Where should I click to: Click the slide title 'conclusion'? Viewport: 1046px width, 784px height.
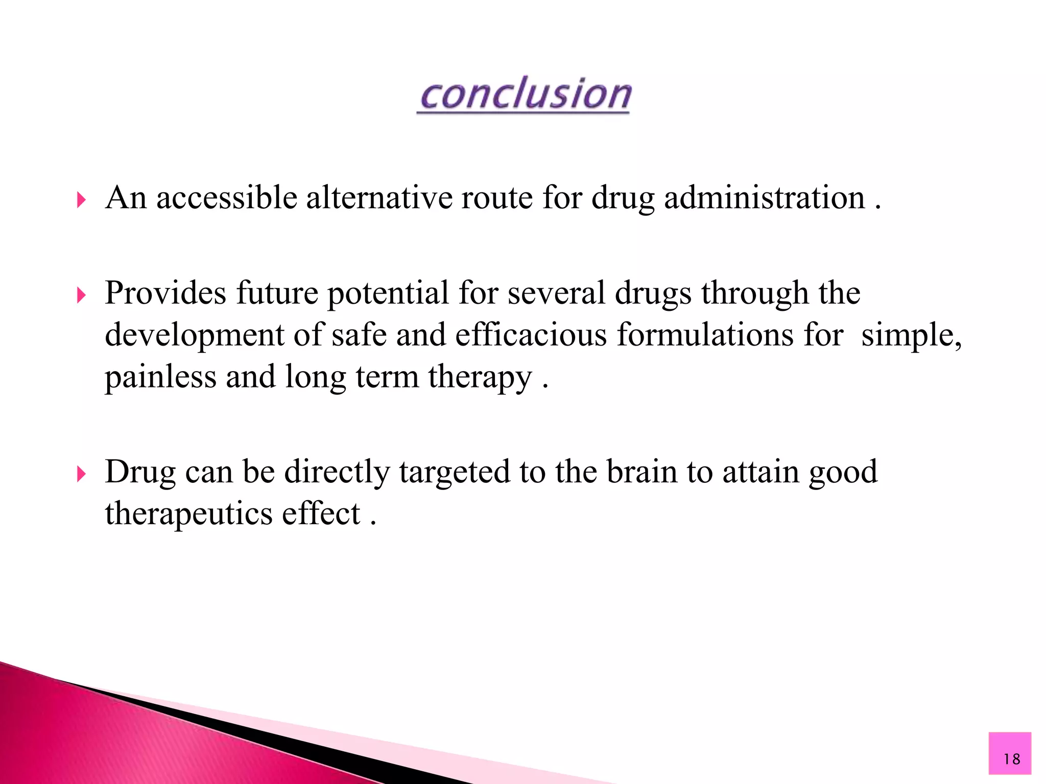pyautogui.click(x=525, y=94)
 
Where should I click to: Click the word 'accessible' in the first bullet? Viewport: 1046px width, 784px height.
pyautogui.click(x=227, y=198)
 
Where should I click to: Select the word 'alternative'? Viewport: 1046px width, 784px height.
pyautogui.click(x=379, y=198)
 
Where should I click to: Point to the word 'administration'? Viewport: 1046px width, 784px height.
pyautogui.click(x=764, y=198)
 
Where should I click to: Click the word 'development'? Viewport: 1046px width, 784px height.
pyautogui.click(x=194, y=336)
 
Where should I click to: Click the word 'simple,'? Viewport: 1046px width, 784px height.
pyautogui.click(x=912, y=336)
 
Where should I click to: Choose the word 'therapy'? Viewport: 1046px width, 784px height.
pyautogui.click(x=480, y=378)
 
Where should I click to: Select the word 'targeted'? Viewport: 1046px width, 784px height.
pyautogui.click(x=455, y=472)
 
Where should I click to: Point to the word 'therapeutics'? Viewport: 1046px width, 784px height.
pyautogui.click(x=188, y=514)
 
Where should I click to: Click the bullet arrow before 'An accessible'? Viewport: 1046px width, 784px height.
pyautogui.click(x=81, y=200)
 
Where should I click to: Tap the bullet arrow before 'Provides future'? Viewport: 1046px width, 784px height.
pyautogui.click(x=81, y=295)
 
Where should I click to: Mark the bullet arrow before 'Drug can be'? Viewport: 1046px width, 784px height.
pyautogui.click(x=81, y=474)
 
